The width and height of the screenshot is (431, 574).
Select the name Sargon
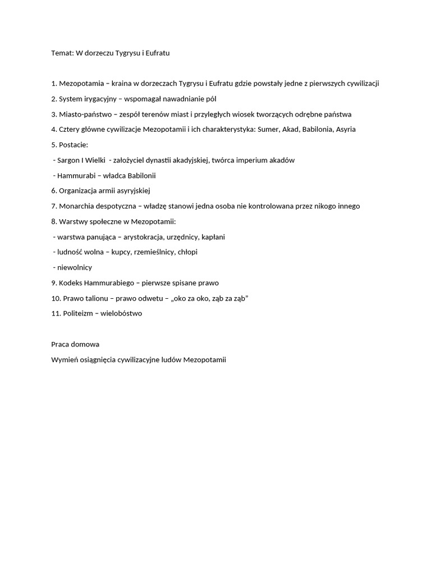(x=69, y=160)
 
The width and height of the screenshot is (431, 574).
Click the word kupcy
(x=121, y=252)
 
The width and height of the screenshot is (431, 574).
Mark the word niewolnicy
(x=75, y=267)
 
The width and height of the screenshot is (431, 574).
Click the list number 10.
(x=55, y=298)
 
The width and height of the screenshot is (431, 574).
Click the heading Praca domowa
(x=75, y=344)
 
